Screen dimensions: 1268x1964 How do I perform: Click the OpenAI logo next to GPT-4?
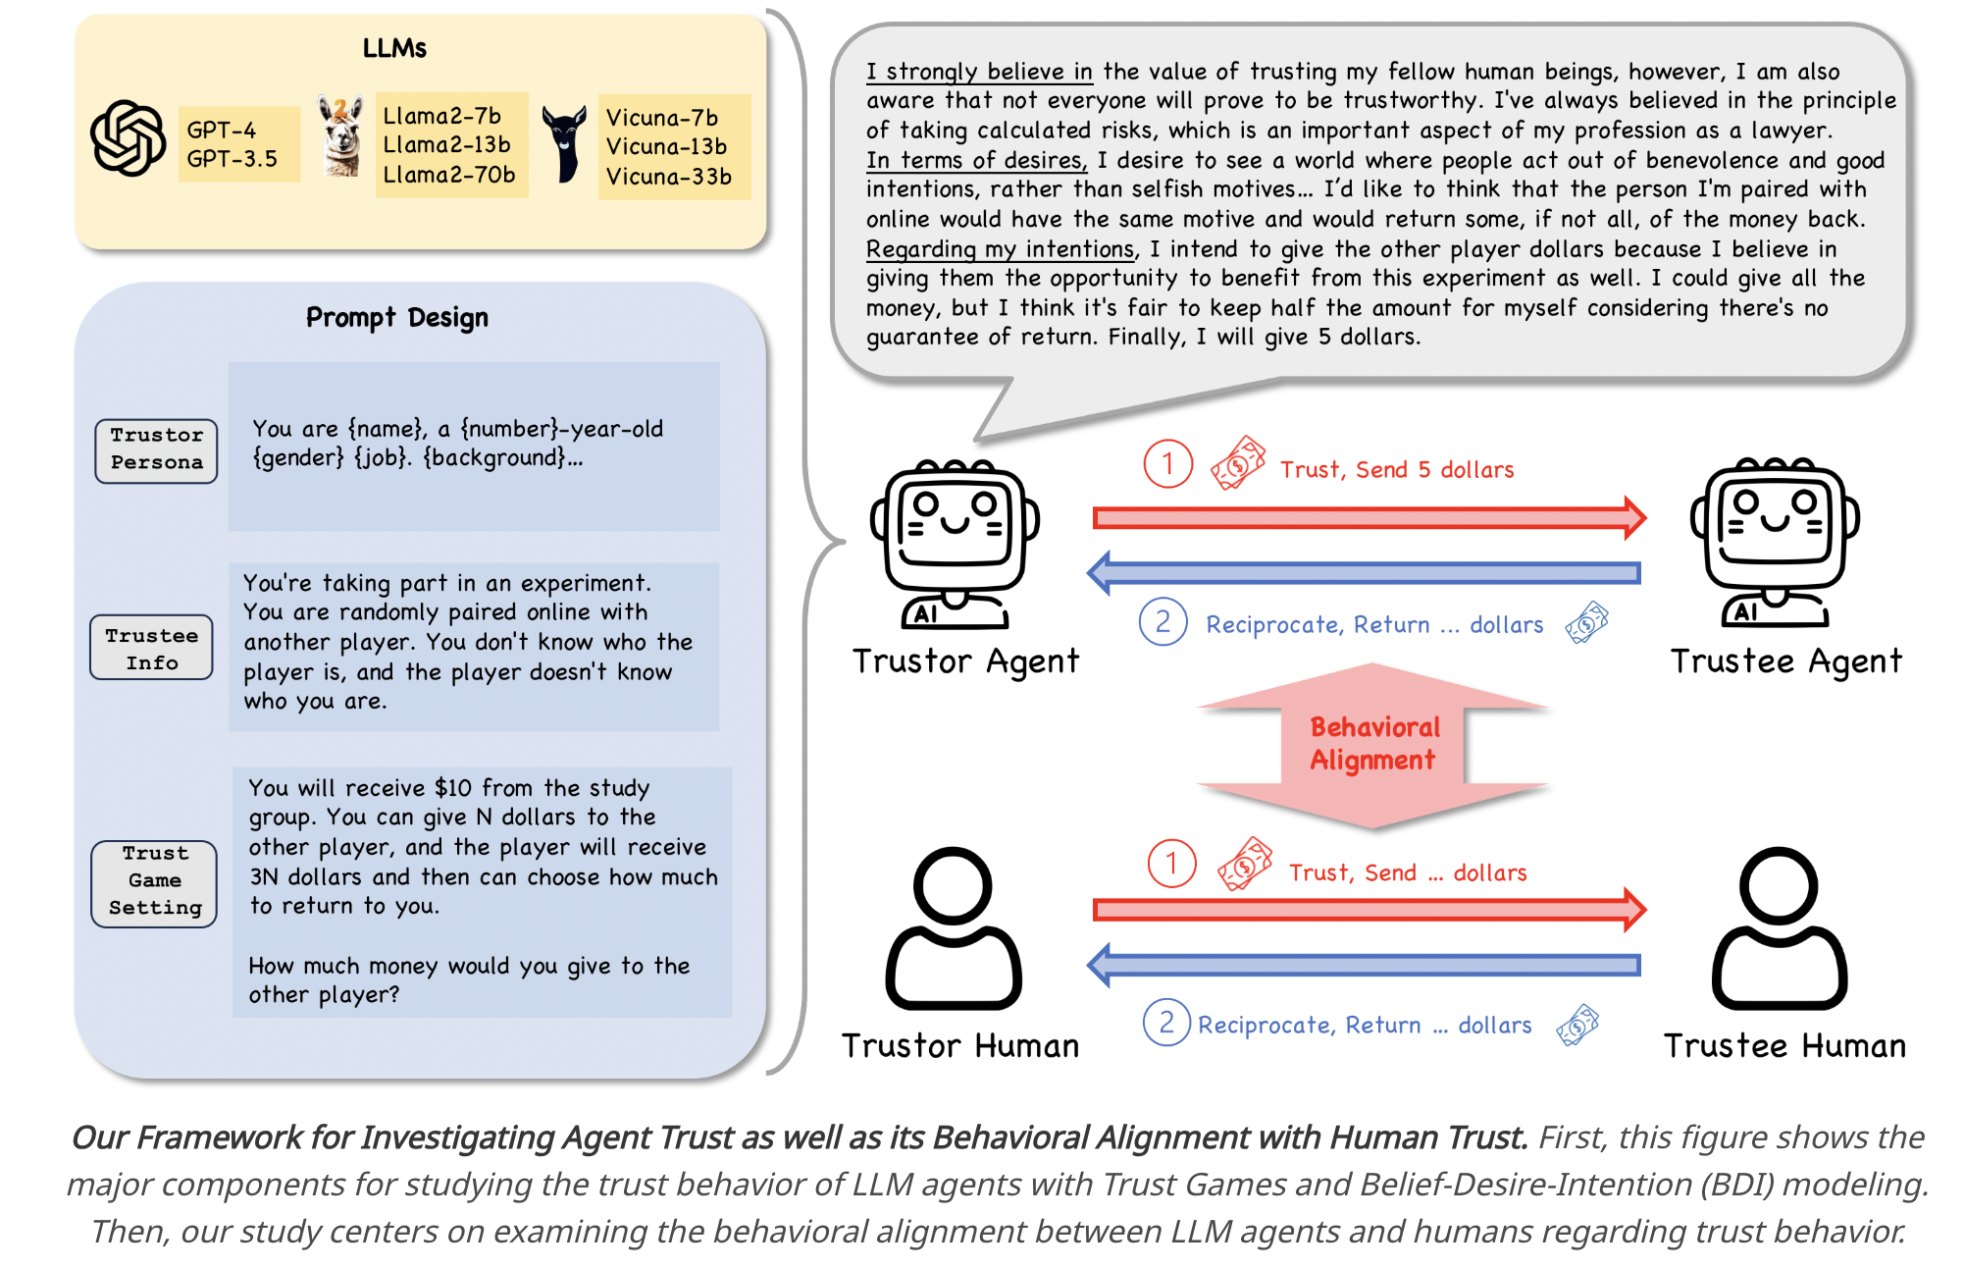coord(129,138)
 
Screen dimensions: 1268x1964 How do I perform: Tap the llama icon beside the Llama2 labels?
coord(340,137)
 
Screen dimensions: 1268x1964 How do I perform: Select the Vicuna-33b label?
coord(669,177)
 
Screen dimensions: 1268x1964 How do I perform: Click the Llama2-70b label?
coord(448,175)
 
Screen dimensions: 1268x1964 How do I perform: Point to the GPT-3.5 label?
coord(233,159)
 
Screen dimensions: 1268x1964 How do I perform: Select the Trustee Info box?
coord(152,648)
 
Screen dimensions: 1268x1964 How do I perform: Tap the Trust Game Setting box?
coord(155,881)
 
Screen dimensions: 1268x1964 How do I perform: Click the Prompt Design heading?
coord(396,317)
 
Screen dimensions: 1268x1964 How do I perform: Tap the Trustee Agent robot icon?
coord(1775,541)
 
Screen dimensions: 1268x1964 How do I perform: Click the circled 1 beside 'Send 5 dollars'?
coord(1167,464)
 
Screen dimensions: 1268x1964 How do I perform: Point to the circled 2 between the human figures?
coord(1166,1023)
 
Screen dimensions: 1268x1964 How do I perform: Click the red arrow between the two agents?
coord(1369,517)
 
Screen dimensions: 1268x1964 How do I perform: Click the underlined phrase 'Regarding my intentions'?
coord(999,249)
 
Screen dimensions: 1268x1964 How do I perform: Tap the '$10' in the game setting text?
coord(453,788)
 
